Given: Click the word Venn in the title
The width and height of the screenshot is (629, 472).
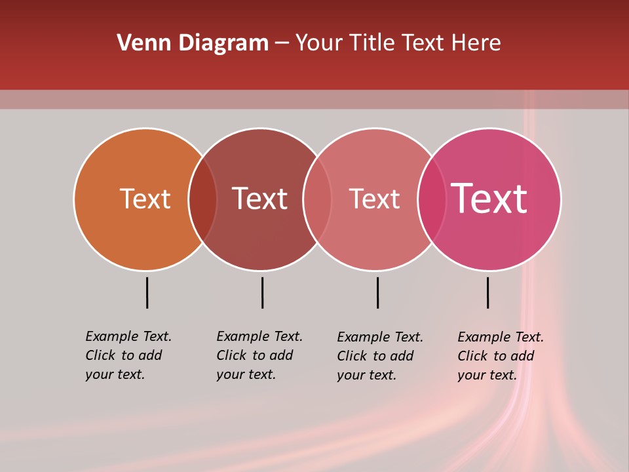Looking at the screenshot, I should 140,43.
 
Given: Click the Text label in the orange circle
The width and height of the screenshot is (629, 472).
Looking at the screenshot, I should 145,199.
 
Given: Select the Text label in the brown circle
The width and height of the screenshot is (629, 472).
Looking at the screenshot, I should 259,199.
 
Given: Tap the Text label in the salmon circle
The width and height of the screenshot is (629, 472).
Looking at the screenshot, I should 374,199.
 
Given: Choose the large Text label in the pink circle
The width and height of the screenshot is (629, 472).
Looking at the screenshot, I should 489,199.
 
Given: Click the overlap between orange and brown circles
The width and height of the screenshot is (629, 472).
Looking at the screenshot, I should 202,199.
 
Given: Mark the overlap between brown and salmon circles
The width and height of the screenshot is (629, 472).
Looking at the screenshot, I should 317,199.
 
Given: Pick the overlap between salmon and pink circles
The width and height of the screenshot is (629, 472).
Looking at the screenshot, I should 432,199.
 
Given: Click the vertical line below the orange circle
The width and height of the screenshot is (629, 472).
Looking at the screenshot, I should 147,292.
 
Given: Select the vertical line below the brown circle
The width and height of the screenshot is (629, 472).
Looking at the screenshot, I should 262,292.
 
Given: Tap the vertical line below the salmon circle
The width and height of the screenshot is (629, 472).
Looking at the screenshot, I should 377,292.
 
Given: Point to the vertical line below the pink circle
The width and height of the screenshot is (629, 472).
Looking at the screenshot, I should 487,292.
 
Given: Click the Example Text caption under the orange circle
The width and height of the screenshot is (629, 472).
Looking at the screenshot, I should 128,355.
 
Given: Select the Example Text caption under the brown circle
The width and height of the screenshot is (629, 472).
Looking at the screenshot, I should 259,355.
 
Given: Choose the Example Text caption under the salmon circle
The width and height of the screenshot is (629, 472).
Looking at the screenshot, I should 380,356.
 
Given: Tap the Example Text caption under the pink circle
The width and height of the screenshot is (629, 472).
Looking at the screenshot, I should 501,356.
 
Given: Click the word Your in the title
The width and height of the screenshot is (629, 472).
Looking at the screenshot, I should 317,43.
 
